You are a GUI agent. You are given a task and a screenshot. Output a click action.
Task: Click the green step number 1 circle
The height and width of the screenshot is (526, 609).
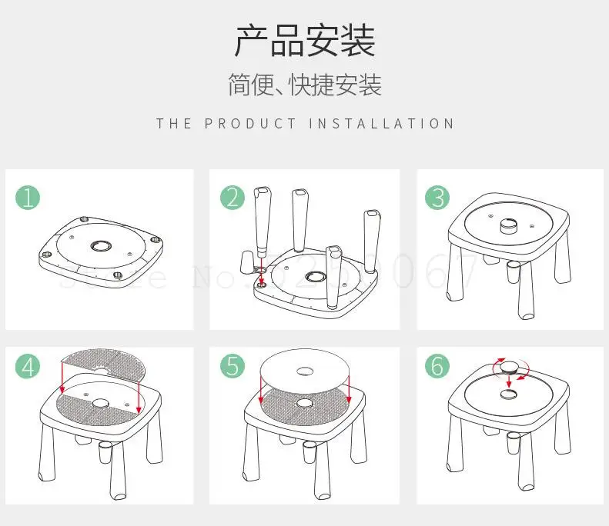[28, 198]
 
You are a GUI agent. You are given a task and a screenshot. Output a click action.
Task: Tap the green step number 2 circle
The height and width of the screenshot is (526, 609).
[233, 198]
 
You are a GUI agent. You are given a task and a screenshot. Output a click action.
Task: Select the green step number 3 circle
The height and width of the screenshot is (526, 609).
[437, 198]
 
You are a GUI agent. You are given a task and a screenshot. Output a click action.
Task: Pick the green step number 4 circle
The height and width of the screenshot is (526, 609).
[28, 367]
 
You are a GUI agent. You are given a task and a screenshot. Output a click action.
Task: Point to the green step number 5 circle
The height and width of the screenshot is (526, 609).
[233, 367]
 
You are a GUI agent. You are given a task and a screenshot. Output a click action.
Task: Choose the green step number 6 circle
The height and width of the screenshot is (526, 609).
[437, 367]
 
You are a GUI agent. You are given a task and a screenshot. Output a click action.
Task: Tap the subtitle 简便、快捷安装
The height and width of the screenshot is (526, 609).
[304, 85]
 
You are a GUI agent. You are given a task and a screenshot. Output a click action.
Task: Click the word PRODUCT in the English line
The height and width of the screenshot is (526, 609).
[250, 124]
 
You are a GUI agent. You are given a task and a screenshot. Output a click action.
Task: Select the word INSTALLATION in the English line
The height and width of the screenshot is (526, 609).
[382, 124]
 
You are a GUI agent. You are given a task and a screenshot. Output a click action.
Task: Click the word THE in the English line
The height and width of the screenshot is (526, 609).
[174, 124]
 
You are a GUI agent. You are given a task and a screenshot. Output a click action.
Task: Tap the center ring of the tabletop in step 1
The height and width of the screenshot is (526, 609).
[100, 246]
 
